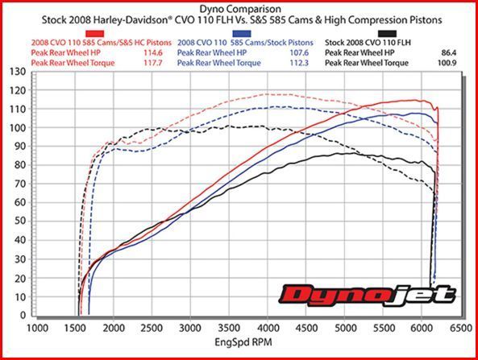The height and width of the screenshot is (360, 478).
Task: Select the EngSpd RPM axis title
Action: pos(247,342)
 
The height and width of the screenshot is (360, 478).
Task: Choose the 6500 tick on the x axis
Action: pos(459,328)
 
